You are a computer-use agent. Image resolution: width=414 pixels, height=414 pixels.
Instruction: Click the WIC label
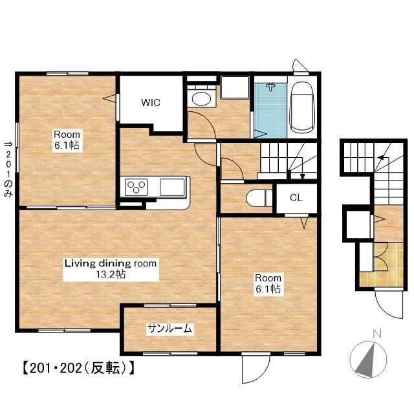point(151,102)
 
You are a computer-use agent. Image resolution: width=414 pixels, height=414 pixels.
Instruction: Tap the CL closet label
point(296,198)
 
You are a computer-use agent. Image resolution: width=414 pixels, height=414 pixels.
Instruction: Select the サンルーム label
point(169,329)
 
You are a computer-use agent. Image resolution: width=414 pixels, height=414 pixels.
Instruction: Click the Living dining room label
point(111,263)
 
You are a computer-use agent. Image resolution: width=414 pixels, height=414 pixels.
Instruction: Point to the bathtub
point(301,107)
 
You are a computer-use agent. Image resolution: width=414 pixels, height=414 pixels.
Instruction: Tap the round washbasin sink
point(201,99)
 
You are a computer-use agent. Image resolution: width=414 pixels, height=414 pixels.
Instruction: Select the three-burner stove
point(136,187)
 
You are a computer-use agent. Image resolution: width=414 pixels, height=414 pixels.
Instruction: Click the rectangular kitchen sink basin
point(172,187)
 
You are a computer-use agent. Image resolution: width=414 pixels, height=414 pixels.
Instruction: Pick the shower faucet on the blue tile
point(270,87)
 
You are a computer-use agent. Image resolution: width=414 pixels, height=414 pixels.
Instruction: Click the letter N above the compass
point(377,334)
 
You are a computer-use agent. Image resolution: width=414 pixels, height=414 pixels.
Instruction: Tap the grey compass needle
point(367,361)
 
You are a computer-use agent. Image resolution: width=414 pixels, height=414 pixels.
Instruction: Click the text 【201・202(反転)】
point(78,368)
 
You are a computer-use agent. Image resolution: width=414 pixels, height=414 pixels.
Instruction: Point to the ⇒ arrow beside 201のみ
point(8,144)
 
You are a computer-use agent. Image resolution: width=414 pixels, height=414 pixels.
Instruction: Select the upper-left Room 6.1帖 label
point(67,140)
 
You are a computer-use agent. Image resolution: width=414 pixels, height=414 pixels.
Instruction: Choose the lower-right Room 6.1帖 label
point(268,283)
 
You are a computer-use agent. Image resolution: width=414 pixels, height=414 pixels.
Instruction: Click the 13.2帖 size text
point(111,274)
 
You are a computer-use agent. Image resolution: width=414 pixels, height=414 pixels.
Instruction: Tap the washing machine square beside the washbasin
point(235,87)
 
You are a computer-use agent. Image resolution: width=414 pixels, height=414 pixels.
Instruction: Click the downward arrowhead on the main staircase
point(303,177)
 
